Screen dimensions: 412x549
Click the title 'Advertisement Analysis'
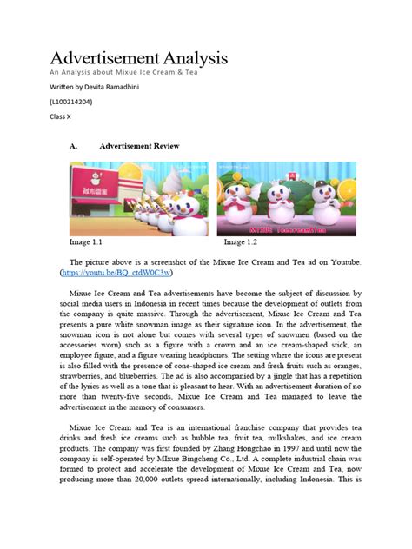[x=137, y=58]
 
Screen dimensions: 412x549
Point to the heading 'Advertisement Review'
[x=139, y=146]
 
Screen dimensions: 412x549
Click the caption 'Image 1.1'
[x=86, y=242]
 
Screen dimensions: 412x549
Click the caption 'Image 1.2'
[x=241, y=242]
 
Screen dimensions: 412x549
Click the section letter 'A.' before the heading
[x=74, y=146]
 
